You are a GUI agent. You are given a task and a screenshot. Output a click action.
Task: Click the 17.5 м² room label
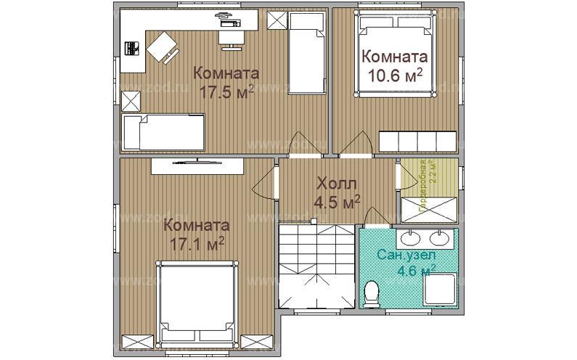225,82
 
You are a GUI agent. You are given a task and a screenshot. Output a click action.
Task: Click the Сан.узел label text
406,255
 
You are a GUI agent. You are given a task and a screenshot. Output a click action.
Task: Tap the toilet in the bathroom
372,294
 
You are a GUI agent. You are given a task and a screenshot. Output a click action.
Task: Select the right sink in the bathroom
438,237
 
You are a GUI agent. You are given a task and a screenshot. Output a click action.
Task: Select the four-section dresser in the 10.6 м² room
417,139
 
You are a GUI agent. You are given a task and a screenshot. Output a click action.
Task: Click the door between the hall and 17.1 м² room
266,183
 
